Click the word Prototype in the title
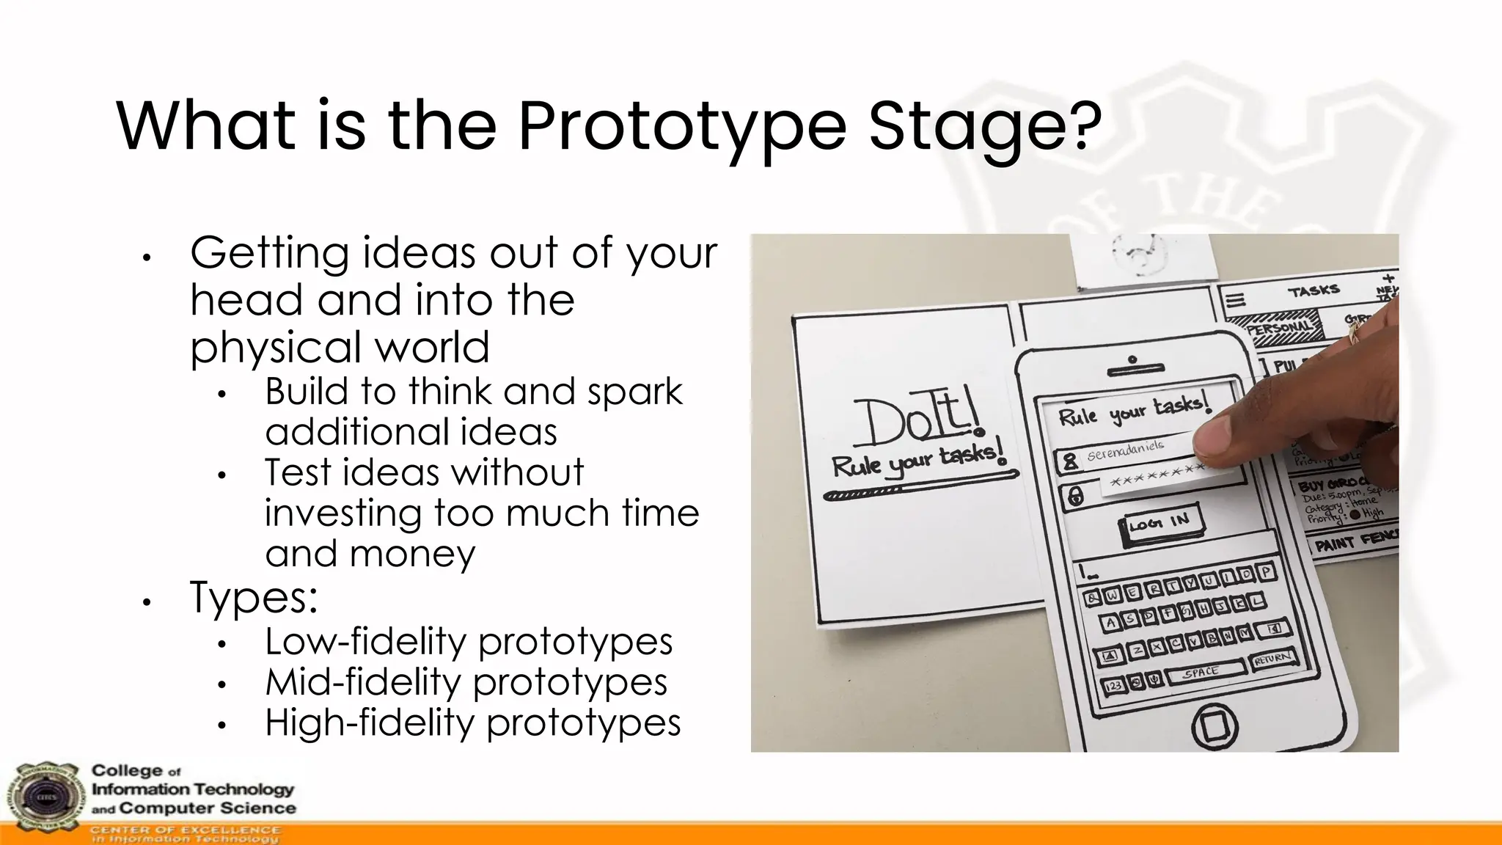click(x=682, y=126)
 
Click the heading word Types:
click(x=254, y=598)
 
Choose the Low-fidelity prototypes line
click(x=468, y=642)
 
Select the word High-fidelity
click(x=370, y=723)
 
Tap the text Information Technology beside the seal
click(x=192, y=790)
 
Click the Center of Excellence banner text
click(x=185, y=834)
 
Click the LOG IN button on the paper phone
click(x=1161, y=523)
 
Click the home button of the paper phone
click(x=1214, y=726)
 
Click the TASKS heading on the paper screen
click(x=1314, y=291)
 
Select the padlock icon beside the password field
click(x=1075, y=497)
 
